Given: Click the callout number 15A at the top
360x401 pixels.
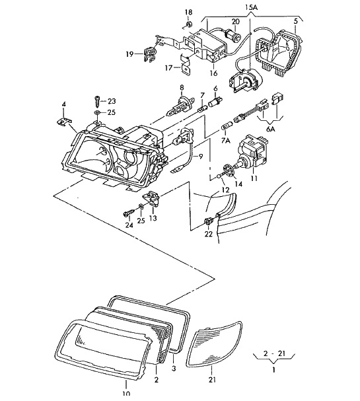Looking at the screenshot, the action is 251,7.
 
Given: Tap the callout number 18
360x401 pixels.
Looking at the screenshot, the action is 188,12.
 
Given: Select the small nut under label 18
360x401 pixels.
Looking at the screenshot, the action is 189,24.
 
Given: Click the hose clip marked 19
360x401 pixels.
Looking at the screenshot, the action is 149,54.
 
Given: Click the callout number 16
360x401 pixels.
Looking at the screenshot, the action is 213,73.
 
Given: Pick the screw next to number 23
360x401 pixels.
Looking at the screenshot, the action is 97,101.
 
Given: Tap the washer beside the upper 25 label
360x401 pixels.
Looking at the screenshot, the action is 97,112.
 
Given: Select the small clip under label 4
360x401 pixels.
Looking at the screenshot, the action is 63,122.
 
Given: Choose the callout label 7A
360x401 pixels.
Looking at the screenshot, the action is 225,140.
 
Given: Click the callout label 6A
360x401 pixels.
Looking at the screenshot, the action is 271,129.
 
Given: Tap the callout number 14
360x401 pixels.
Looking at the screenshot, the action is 238,184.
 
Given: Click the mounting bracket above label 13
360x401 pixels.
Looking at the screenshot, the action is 152,198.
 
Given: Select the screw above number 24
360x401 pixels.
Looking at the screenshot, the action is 129,213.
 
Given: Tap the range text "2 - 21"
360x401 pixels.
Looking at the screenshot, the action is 274,353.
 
